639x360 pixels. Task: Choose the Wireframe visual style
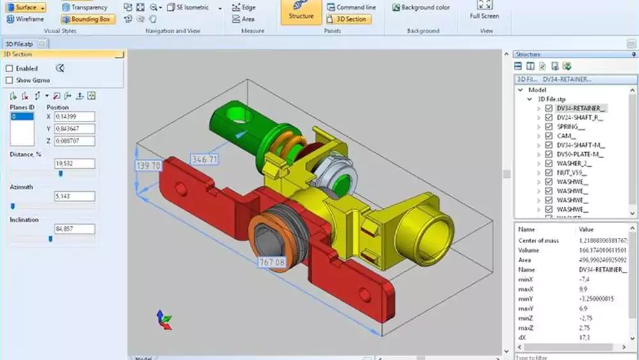pos(25,19)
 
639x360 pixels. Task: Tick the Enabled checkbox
pos(10,68)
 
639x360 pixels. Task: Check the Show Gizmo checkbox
pos(10,80)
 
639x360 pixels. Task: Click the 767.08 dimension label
pos(272,262)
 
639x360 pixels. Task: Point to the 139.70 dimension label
pos(148,166)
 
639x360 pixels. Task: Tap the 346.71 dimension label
pos(204,159)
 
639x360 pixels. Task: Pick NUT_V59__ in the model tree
pos(571,172)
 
